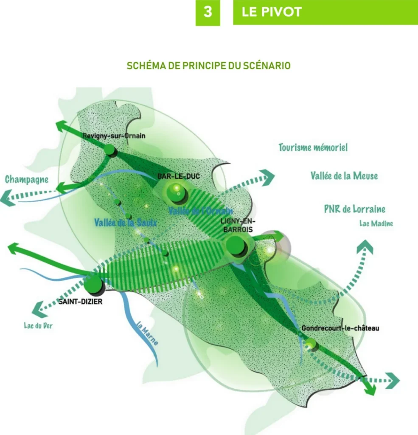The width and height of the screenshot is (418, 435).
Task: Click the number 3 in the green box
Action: [208, 12]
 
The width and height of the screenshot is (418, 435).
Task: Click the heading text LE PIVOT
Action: [272, 12]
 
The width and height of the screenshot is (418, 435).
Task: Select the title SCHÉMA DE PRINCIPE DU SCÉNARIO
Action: [209, 66]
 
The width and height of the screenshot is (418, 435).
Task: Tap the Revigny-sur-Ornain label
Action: [114, 136]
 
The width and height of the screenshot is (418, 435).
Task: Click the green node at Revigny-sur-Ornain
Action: [109, 150]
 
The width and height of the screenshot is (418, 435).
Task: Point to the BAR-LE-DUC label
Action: [178, 176]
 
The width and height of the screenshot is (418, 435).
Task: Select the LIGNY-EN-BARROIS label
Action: [236, 225]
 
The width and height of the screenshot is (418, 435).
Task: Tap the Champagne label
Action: [26, 179]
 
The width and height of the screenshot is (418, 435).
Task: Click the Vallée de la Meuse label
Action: [344, 175]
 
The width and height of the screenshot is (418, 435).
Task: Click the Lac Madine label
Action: [376, 223]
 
